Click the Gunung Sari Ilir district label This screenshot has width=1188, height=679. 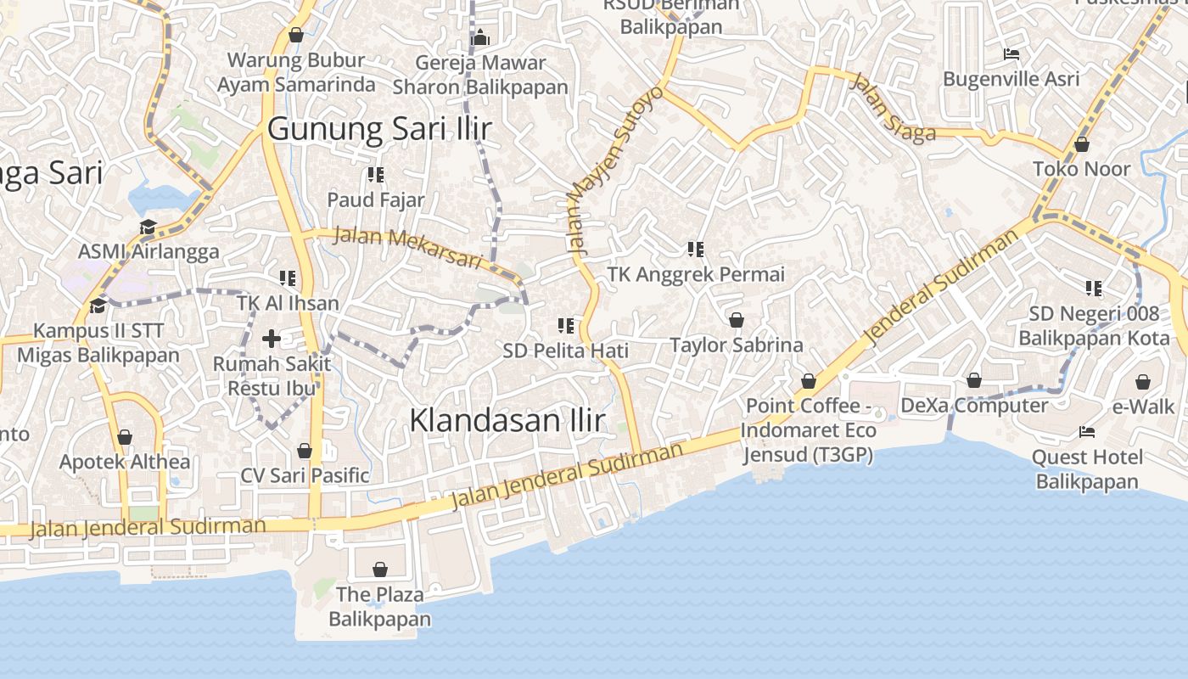pyautogui.click(x=379, y=129)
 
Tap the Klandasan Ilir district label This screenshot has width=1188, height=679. pyautogui.click(x=507, y=420)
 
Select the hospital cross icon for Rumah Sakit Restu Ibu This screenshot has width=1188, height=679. pyautogui.click(x=272, y=339)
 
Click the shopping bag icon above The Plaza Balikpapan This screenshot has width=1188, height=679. pyautogui.click(x=380, y=569)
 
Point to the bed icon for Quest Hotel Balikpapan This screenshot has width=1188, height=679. pyautogui.click(x=1087, y=432)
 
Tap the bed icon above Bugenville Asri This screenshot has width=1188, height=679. pyautogui.click(x=1011, y=54)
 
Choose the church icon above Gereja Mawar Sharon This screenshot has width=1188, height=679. pyautogui.click(x=480, y=38)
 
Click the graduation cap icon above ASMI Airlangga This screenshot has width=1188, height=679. pyautogui.click(x=148, y=227)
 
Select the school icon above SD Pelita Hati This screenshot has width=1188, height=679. pyautogui.click(x=566, y=325)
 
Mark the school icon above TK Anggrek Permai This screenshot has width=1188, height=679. pyautogui.click(x=696, y=250)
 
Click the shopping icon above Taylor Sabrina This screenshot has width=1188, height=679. pyautogui.click(x=737, y=320)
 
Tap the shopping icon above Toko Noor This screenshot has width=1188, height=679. pyautogui.click(x=1082, y=144)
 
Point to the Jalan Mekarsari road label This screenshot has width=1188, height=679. pyautogui.click(x=407, y=247)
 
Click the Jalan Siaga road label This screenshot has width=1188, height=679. pyautogui.click(x=893, y=108)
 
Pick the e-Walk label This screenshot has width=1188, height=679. pyautogui.click(x=1143, y=407)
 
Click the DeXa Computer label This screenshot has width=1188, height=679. pyautogui.click(x=974, y=405)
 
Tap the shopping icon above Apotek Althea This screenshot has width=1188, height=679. pyautogui.click(x=125, y=437)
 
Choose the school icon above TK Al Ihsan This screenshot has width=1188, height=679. pyautogui.click(x=288, y=278)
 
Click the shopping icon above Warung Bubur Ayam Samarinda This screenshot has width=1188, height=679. pyautogui.click(x=296, y=35)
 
